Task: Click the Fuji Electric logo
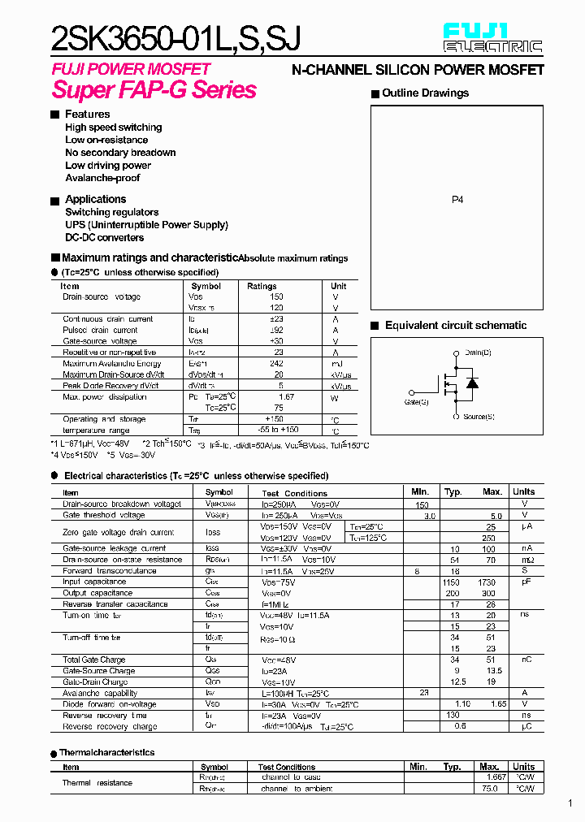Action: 492,38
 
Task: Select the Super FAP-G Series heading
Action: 154,90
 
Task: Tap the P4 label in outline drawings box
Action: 457,199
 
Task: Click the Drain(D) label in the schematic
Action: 478,353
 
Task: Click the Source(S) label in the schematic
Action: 479,417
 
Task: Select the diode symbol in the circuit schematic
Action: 471,383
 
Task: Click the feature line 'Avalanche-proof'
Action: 102,178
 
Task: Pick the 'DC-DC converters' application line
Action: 104,238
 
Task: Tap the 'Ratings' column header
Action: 262,286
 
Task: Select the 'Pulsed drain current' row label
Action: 100,331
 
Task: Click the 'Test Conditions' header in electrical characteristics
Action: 294,493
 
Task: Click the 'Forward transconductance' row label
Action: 109,571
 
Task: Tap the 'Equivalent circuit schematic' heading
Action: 455,326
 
